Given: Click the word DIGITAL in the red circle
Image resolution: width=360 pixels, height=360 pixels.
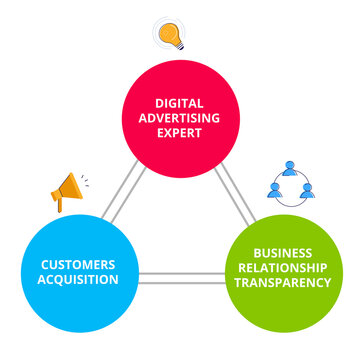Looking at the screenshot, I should (180, 102).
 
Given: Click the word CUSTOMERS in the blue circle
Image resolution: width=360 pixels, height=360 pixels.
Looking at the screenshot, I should (78, 264).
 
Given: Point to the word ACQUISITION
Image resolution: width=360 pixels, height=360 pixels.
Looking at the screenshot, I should (78, 279).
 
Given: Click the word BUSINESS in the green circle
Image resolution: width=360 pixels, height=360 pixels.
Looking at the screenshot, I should (282, 253).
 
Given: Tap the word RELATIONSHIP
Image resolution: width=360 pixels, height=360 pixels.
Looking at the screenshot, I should (282, 267).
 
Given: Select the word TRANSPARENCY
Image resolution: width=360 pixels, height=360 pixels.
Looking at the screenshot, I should (282, 282).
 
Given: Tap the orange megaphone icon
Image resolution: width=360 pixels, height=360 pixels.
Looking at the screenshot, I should (69, 190).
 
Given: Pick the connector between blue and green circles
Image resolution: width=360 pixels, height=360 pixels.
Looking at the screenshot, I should (180, 277).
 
